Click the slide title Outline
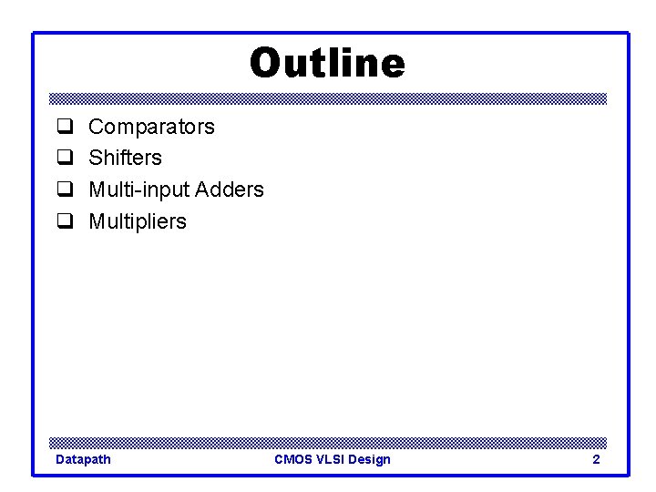(x=327, y=64)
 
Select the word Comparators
(x=151, y=127)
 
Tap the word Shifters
(x=125, y=158)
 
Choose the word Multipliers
(x=137, y=221)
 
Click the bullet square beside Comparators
(x=65, y=127)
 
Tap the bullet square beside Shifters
(x=65, y=158)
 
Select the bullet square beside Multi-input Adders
(x=65, y=190)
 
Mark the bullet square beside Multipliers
(x=65, y=221)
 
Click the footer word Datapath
(x=83, y=459)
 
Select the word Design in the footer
(x=369, y=459)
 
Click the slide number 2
(x=596, y=459)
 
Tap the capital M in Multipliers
(x=97, y=221)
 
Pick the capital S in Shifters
(x=95, y=158)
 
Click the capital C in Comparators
(x=96, y=127)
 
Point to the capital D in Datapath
(x=60, y=459)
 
